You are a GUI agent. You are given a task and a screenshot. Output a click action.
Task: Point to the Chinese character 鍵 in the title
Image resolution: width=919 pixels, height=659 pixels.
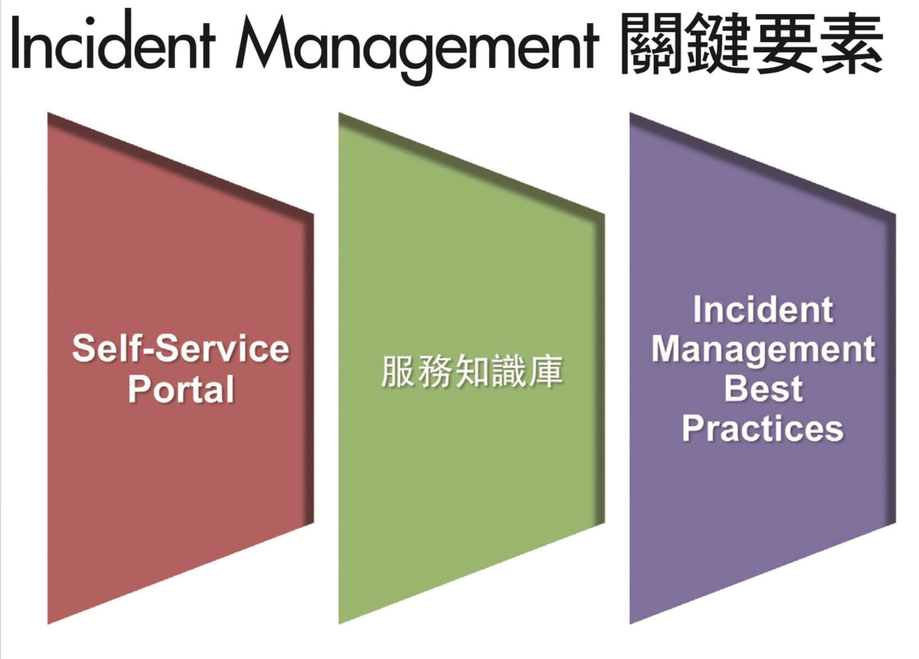click(716, 43)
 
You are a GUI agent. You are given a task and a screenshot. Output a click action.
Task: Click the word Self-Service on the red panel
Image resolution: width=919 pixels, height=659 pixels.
click(181, 348)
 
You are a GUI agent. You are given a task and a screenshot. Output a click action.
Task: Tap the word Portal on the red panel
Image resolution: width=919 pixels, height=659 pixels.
click(181, 389)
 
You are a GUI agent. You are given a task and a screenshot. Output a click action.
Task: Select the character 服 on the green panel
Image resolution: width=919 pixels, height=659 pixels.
click(398, 371)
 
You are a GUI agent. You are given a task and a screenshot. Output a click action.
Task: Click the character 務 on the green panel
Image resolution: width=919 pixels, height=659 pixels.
click(434, 371)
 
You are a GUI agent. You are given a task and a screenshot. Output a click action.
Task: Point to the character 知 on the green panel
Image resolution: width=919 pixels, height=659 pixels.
click(472, 371)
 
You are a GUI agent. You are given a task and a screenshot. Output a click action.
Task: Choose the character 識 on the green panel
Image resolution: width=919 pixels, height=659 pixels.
click(509, 371)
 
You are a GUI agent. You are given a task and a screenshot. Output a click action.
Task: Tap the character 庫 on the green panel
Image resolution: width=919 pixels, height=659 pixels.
click(545, 371)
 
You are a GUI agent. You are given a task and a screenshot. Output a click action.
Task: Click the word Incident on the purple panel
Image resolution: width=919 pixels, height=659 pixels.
click(763, 309)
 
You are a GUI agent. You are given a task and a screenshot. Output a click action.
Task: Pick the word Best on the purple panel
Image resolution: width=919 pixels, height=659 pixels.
click(763, 388)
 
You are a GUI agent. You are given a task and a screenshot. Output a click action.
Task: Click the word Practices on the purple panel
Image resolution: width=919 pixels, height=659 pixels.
click(763, 428)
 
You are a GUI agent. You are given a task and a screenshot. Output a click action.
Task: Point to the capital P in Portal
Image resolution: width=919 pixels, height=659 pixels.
click(140, 389)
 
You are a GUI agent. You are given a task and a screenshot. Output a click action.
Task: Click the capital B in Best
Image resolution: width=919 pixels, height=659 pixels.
click(737, 388)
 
